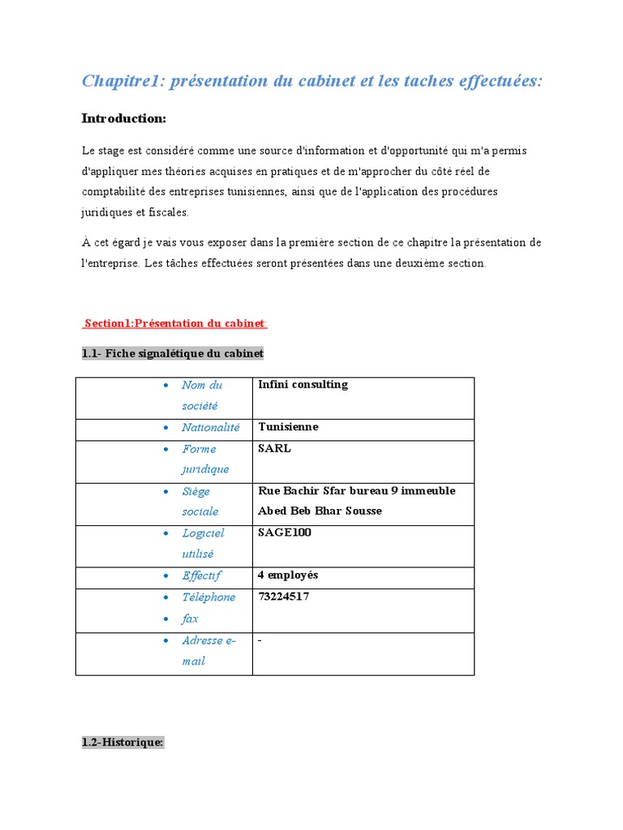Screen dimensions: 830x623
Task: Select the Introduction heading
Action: click(123, 119)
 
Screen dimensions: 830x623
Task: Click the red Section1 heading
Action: click(175, 323)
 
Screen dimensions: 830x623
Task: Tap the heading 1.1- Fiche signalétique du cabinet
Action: click(173, 354)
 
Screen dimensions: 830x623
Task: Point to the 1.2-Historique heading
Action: click(122, 742)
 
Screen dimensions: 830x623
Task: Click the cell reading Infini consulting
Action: click(303, 385)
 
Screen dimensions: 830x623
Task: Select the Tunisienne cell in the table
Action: click(288, 427)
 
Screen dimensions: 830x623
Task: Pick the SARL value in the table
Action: click(274, 449)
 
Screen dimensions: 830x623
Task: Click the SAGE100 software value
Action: click(284, 533)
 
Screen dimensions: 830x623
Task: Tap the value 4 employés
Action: click(288, 575)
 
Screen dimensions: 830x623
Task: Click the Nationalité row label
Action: click(210, 427)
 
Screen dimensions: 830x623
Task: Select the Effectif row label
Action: click(201, 575)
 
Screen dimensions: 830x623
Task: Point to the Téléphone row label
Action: click(208, 597)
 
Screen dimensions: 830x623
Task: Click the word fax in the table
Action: click(190, 618)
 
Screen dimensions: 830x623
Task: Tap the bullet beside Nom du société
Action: click(165, 386)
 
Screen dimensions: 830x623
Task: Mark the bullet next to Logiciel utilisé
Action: click(165, 533)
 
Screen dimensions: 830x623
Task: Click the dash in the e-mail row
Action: click(260, 640)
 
